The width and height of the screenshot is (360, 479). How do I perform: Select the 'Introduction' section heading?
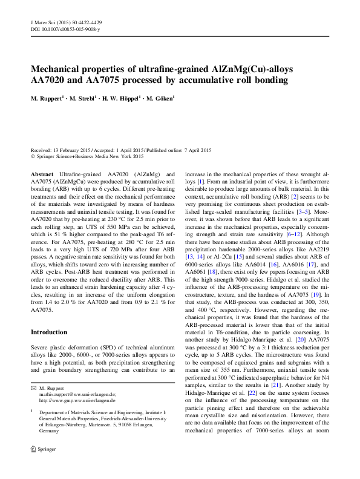tap(49, 332)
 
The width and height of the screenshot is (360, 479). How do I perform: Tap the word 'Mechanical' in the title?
tap(54, 68)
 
